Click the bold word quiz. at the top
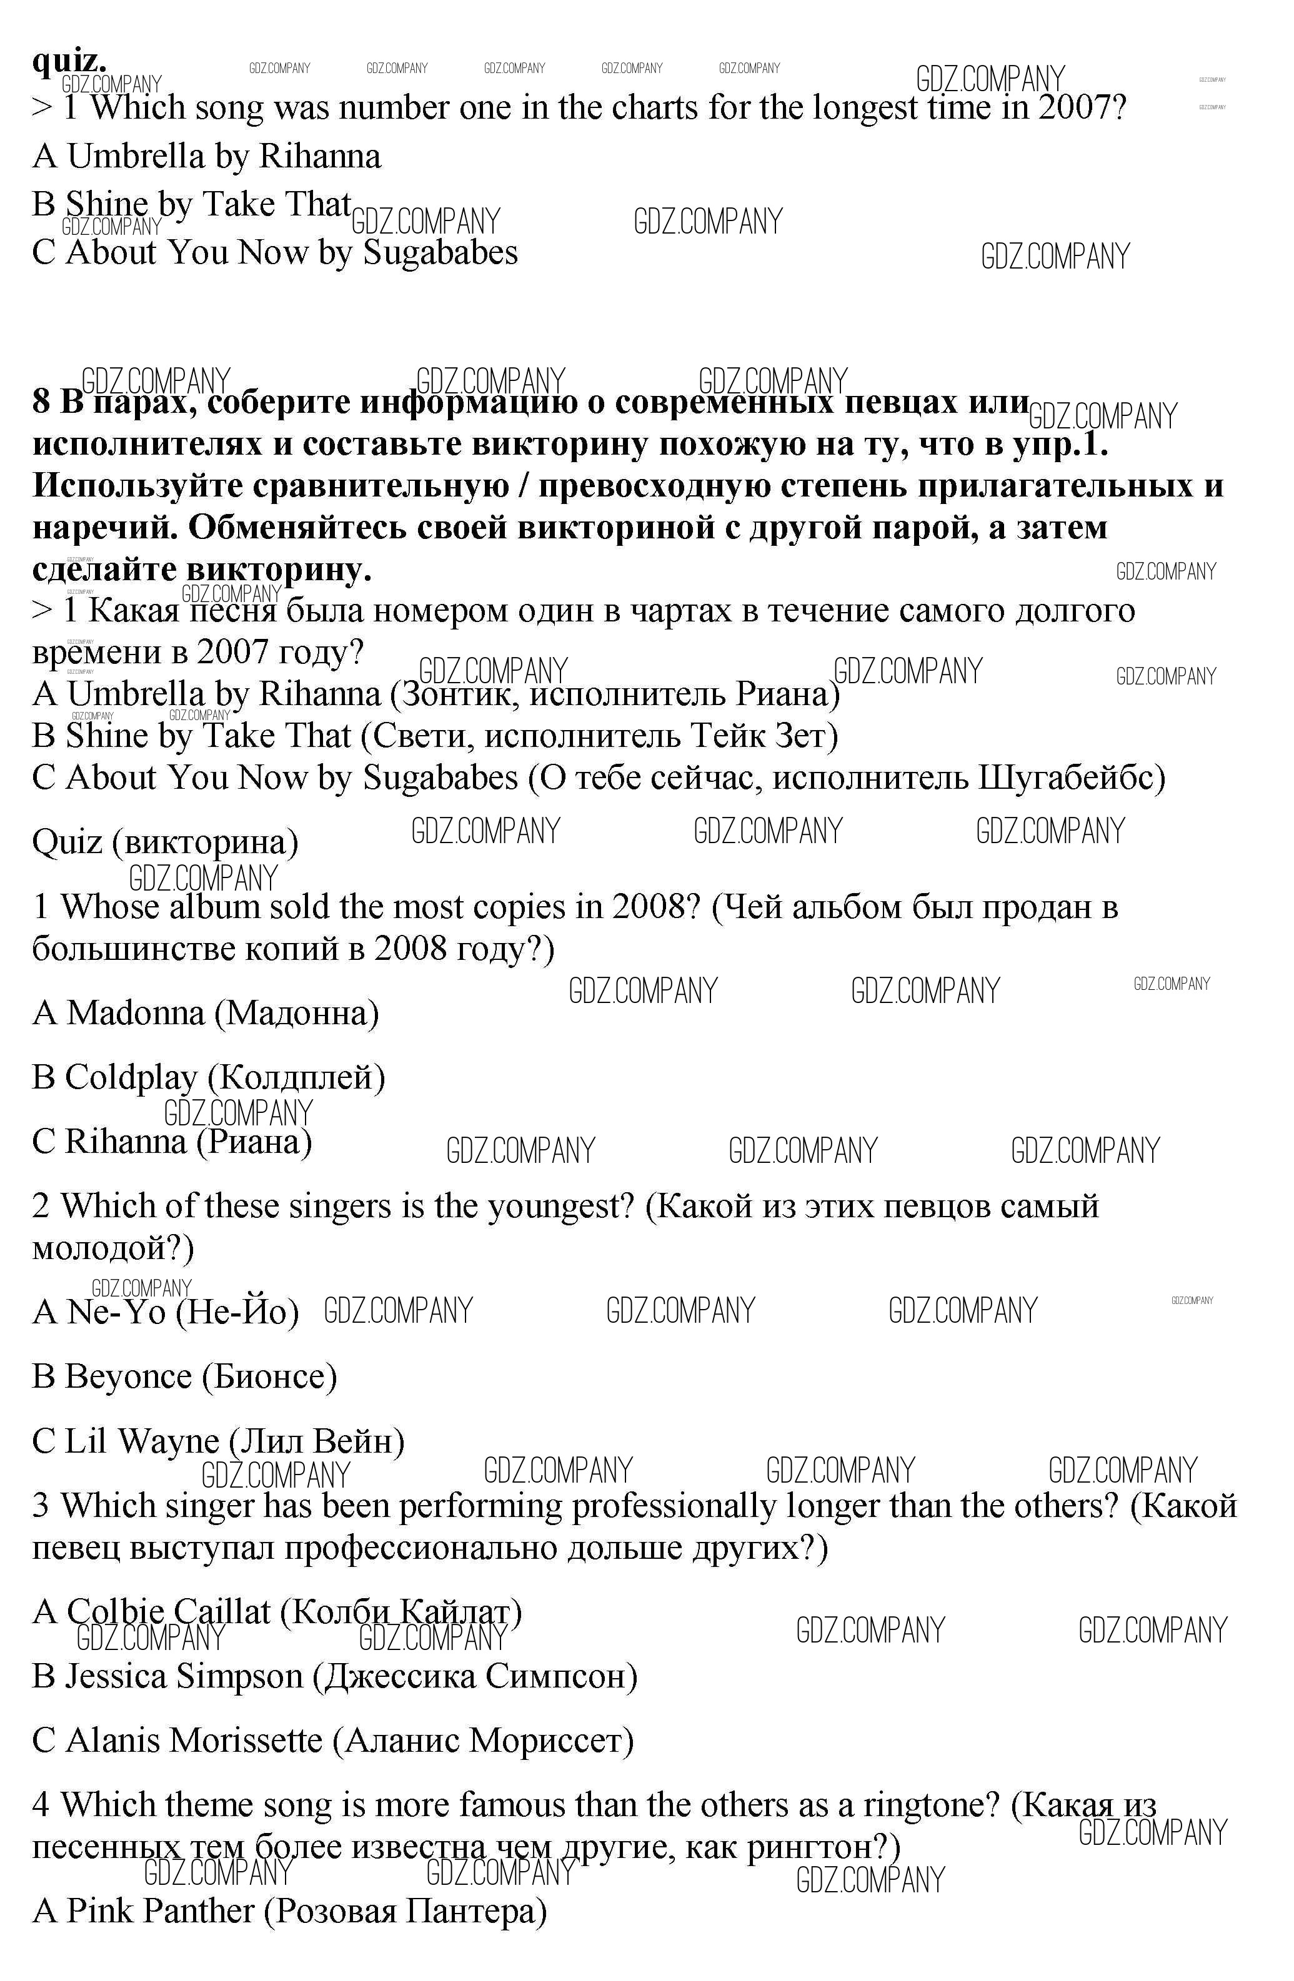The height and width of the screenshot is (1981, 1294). pyautogui.click(x=69, y=61)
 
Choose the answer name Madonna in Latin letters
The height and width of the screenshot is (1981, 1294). pyautogui.click(x=135, y=1013)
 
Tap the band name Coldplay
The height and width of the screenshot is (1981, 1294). pyautogui.click(x=131, y=1077)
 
